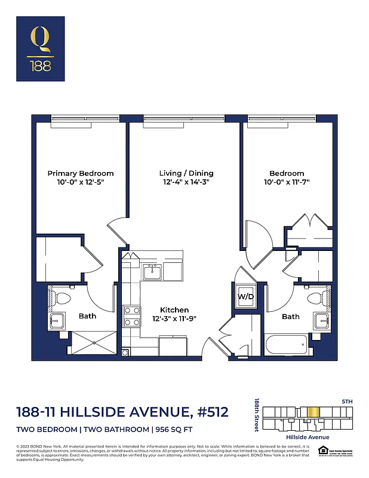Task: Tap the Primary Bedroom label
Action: pyautogui.click(x=81, y=173)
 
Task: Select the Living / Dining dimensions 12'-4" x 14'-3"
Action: pyautogui.click(x=186, y=183)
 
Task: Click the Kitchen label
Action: pyautogui.click(x=174, y=310)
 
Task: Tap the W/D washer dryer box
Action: pyautogui.click(x=245, y=296)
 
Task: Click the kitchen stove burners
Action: pyautogui.click(x=131, y=316)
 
